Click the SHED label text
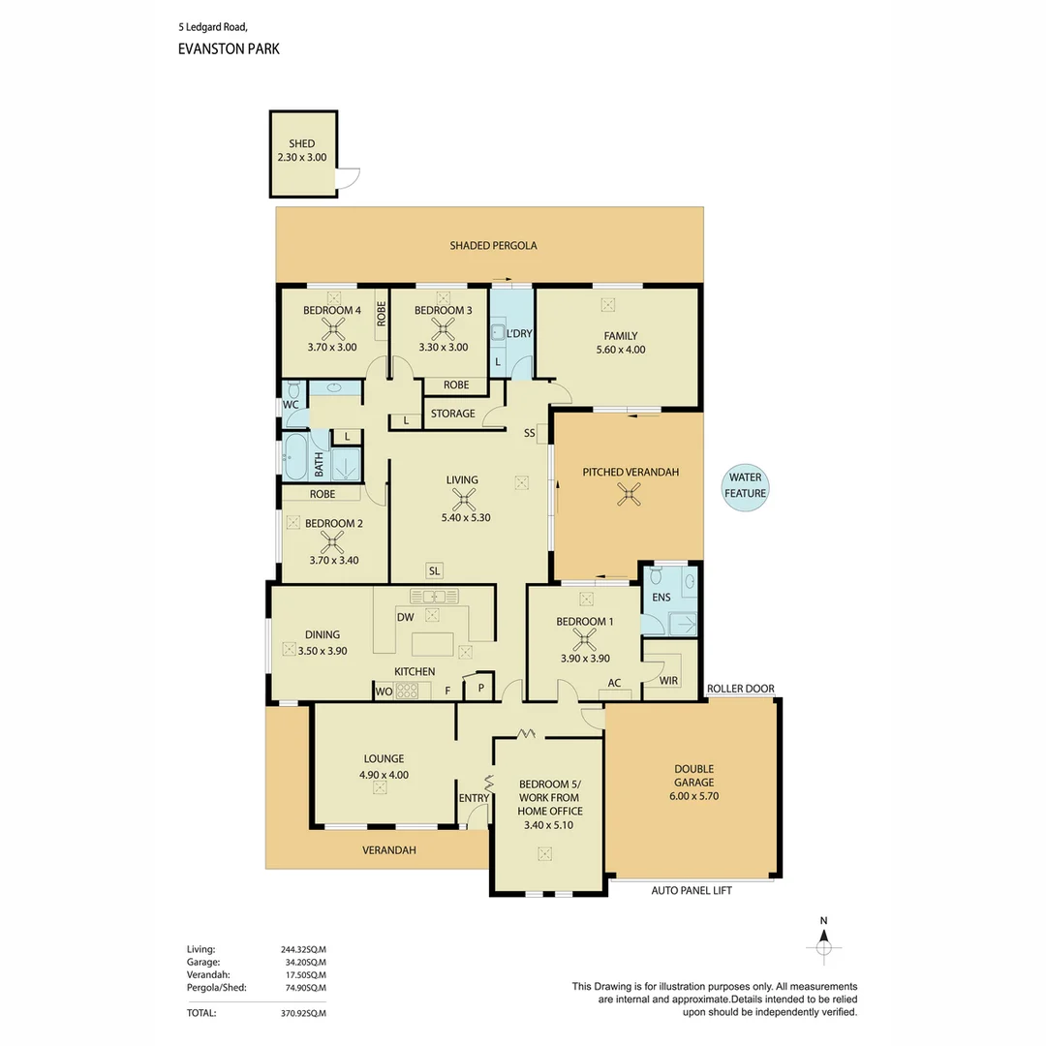301,143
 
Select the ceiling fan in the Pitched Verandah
629,494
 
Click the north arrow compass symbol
824,942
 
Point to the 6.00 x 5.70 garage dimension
693,796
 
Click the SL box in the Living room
434,570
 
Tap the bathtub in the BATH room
296,457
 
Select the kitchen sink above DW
434,596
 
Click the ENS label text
661,597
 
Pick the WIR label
668,681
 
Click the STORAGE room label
453,414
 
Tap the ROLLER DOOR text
741,689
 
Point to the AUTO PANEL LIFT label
692,891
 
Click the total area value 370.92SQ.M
303,1013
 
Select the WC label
291,404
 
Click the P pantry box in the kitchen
481,687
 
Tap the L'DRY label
519,333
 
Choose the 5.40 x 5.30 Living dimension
466,517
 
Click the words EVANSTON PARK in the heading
229,48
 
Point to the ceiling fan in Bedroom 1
585,640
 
